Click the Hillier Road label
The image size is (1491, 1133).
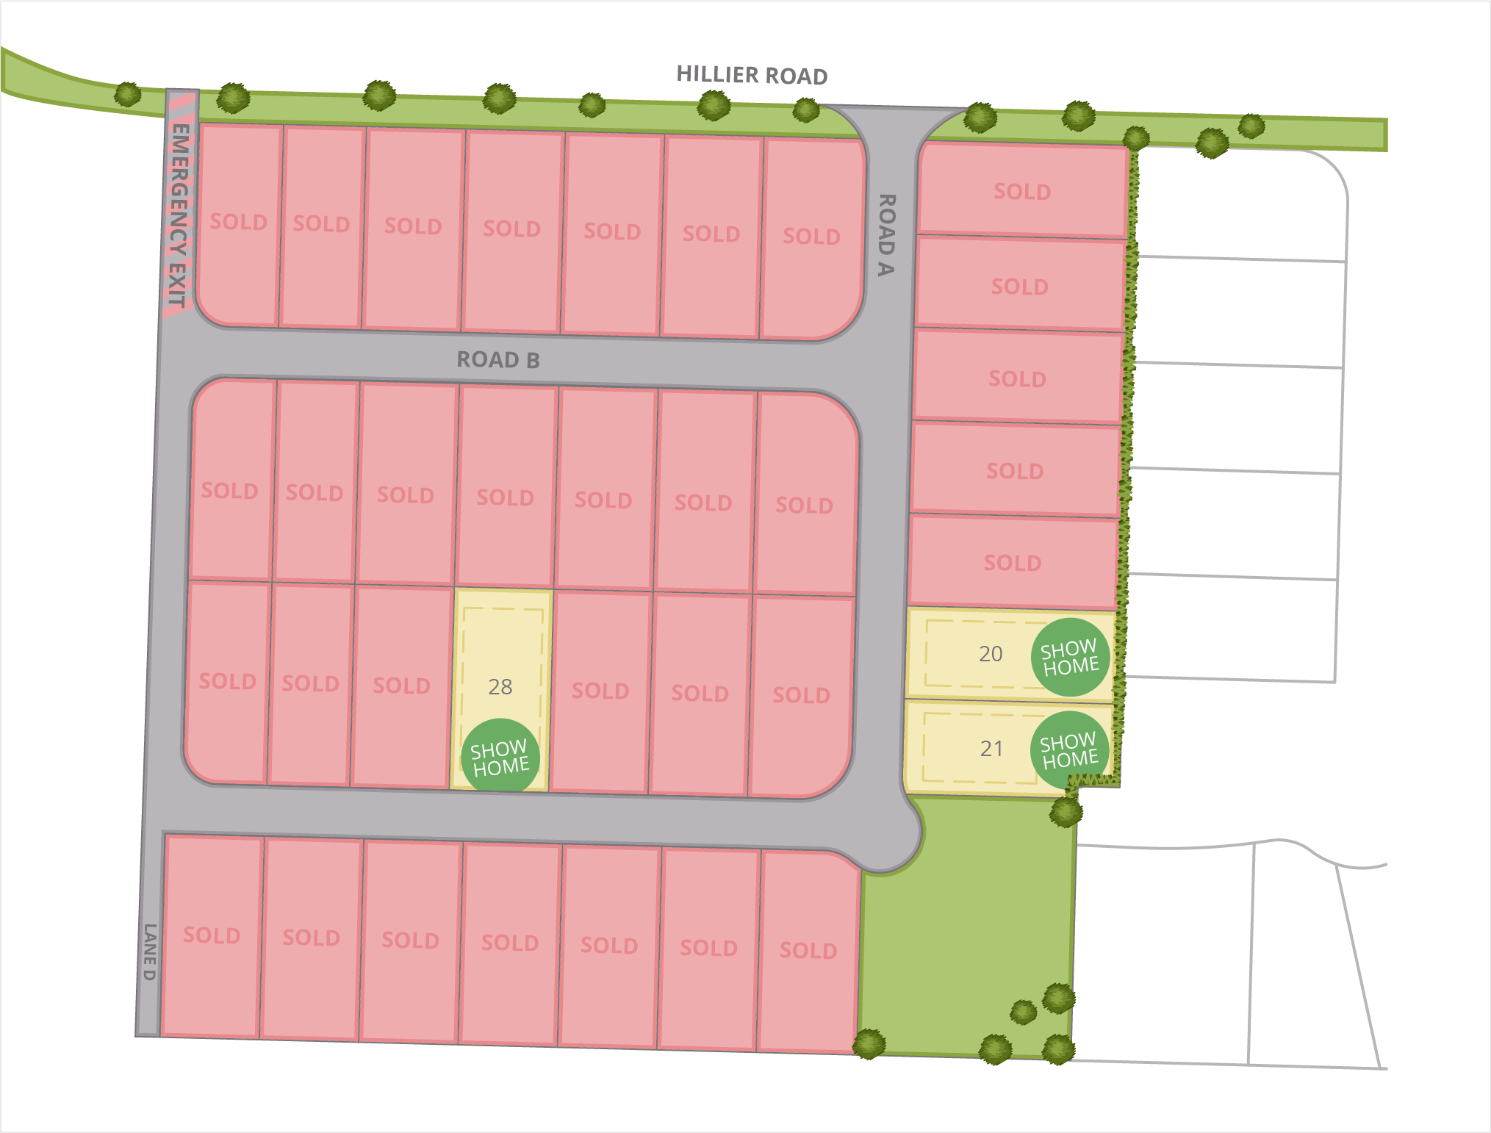point(751,75)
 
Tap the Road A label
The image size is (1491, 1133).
point(887,235)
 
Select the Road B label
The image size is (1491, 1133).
point(498,360)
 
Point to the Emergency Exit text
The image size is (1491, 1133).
point(179,215)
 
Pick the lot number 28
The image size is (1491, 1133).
point(500,687)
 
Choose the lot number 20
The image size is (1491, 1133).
point(991,654)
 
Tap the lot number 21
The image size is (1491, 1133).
point(991,749)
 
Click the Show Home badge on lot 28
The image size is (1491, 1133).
point(500,757)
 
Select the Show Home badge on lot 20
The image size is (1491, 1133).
point(1070,657)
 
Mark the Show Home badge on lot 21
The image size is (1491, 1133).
point(1070,750)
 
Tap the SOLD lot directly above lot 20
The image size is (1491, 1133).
point(1013,563)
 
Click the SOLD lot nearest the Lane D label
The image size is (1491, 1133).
point(212,935)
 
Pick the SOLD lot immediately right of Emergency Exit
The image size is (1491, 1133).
point(239,222)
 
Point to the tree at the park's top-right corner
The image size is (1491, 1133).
point(1066,812)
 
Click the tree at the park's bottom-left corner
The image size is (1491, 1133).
point(869,1043)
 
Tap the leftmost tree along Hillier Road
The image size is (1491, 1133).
point(128,94)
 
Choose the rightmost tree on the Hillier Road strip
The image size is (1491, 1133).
point(1251,126)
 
